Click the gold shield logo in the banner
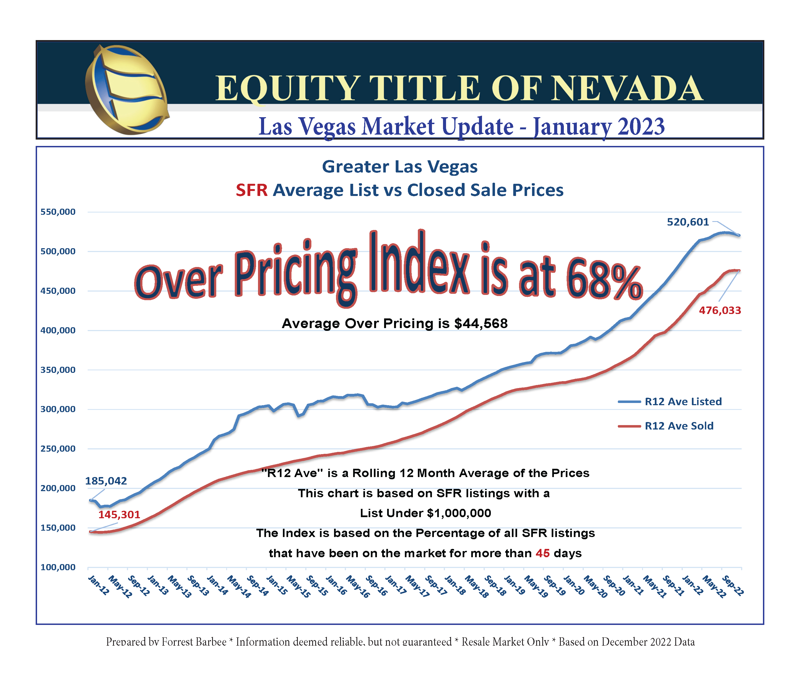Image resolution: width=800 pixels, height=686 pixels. point(127,90)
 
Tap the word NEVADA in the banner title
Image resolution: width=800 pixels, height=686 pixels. point(626,89)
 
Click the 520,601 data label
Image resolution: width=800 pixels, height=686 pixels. point(688,222)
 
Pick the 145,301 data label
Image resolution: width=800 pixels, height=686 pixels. point(119,514)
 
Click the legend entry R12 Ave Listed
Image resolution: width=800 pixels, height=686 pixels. point(683,402)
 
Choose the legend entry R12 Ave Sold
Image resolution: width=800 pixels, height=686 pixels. point(679,426)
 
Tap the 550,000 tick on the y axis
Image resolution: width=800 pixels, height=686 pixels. point(58,212)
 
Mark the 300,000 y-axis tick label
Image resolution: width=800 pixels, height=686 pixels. point(58,409)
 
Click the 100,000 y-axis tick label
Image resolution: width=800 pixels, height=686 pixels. point(58,567)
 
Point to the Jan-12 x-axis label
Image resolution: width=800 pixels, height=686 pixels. point(98,585)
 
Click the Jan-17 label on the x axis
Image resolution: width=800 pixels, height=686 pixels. point(395,585)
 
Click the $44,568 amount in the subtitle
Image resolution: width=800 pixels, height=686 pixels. point(481,323)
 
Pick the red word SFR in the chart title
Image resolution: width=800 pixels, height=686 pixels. point(251,190)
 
